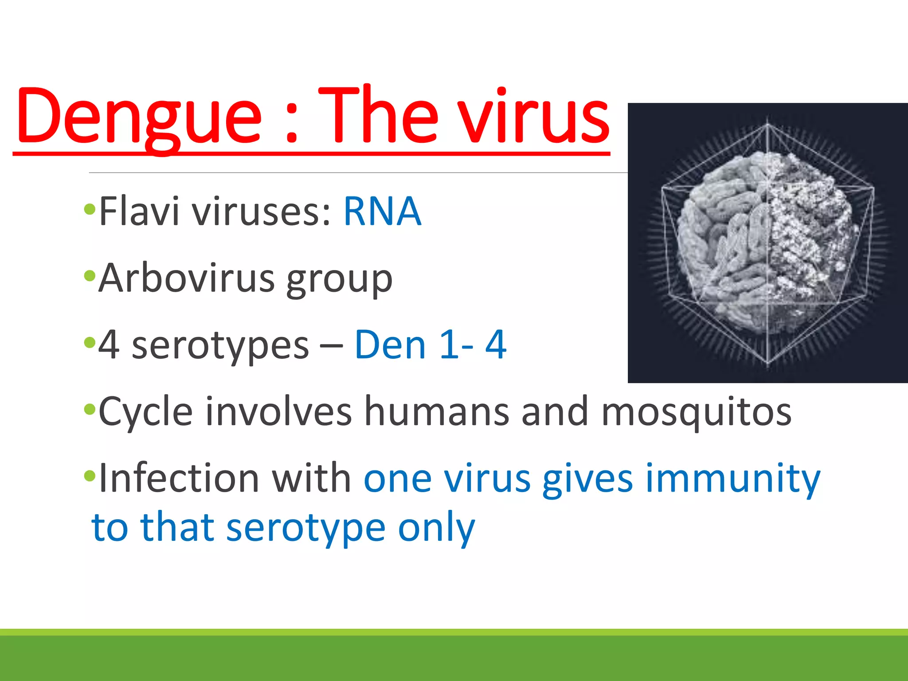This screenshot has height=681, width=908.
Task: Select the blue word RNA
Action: (x=382, y=211)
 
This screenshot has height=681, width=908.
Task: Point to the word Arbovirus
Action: (x=186, y=278)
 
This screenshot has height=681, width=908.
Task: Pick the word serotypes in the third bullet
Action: (x=220, y=346)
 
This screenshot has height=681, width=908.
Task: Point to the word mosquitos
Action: (x=696, y=413)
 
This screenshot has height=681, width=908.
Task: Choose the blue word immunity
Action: (x=732, y=480)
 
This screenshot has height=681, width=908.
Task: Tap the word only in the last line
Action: (x=436, y=528)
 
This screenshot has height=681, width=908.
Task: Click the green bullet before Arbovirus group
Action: (x=90, y=276)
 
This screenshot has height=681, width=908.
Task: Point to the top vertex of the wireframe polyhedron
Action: (x=768, y=125)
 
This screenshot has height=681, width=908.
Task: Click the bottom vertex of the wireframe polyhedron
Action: (x=768, y=364)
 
